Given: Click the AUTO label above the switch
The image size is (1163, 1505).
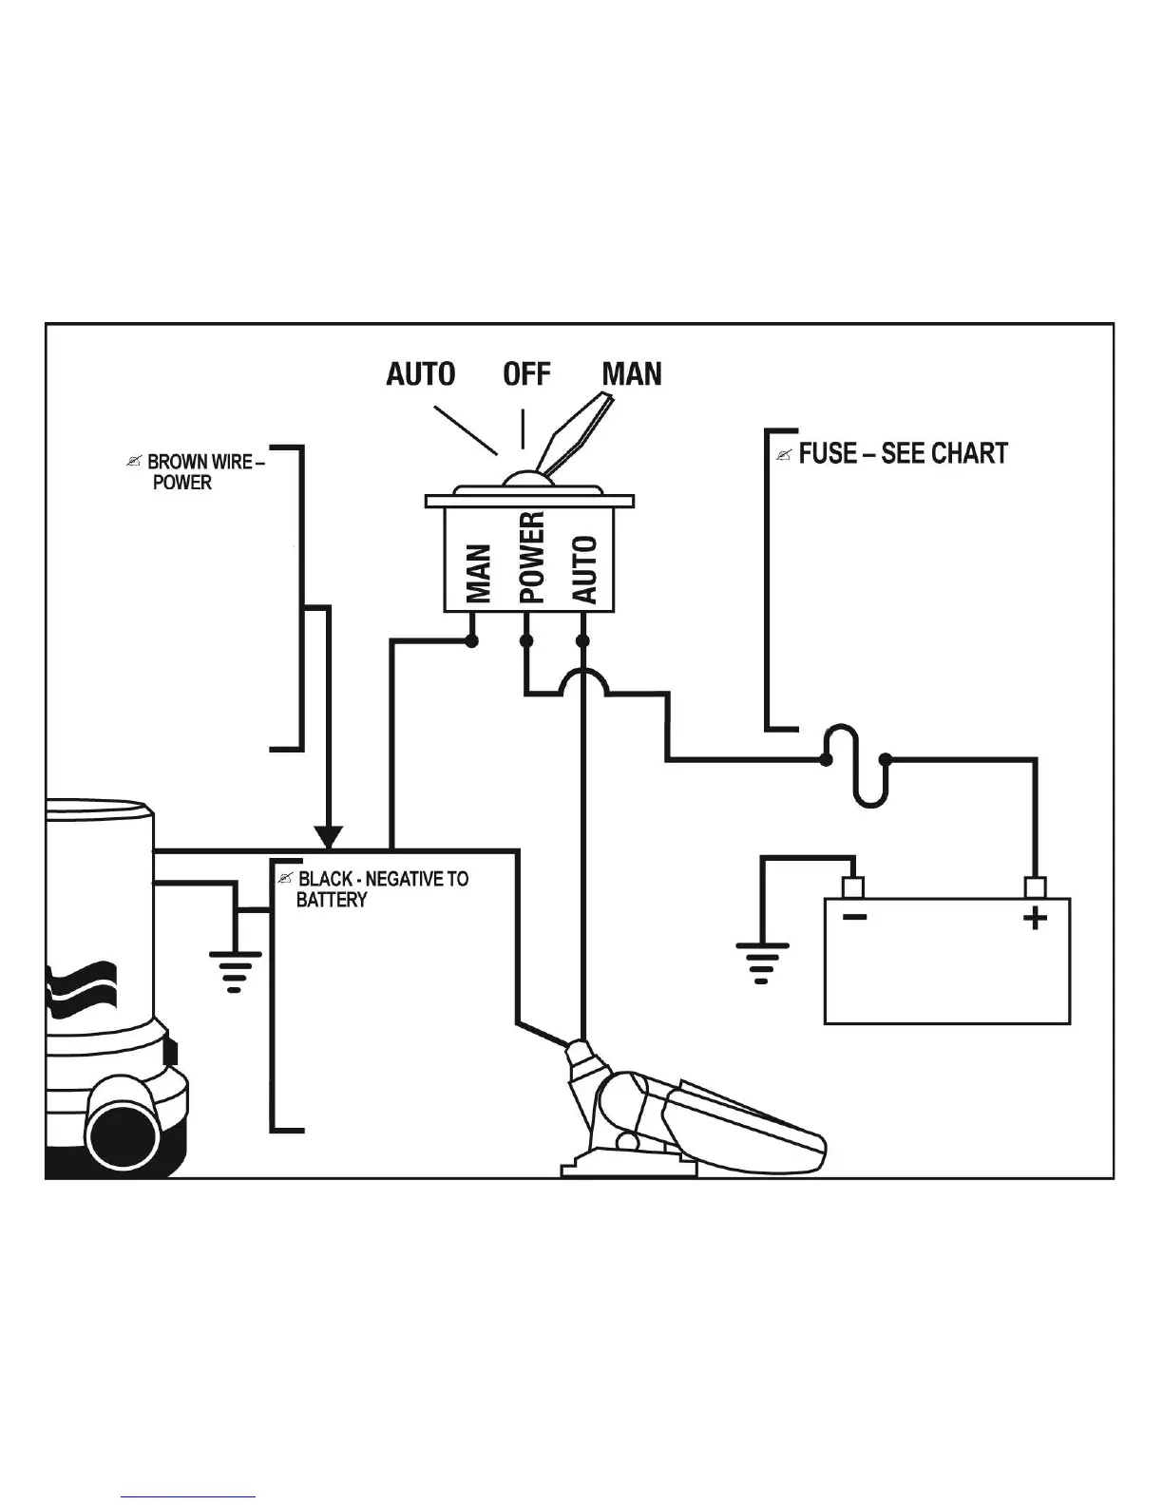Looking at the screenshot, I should pos(420,373).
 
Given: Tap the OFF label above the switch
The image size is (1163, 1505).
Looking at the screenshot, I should pos(526,373).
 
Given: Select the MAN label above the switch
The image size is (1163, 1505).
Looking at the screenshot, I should pos(632,373).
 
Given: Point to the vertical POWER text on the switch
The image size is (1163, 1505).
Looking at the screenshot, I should pos(532,558).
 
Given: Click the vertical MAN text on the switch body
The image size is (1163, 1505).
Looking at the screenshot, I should pos(480,573).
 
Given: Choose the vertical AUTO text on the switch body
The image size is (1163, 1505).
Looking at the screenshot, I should pos(585,569).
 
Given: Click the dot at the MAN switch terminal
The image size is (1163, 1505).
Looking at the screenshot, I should pos(471,641).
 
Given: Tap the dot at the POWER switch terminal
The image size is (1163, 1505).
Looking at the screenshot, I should pos(526,641).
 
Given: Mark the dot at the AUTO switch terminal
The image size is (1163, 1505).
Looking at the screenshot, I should pos(583,641).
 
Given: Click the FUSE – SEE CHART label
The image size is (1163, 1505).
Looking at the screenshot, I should pos(902,453).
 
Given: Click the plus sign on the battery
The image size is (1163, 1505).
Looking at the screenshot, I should pos(1035,918).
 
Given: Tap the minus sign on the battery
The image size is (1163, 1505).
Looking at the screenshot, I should pos(854,917).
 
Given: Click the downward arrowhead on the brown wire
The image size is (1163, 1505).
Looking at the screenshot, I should pos(328,837).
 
